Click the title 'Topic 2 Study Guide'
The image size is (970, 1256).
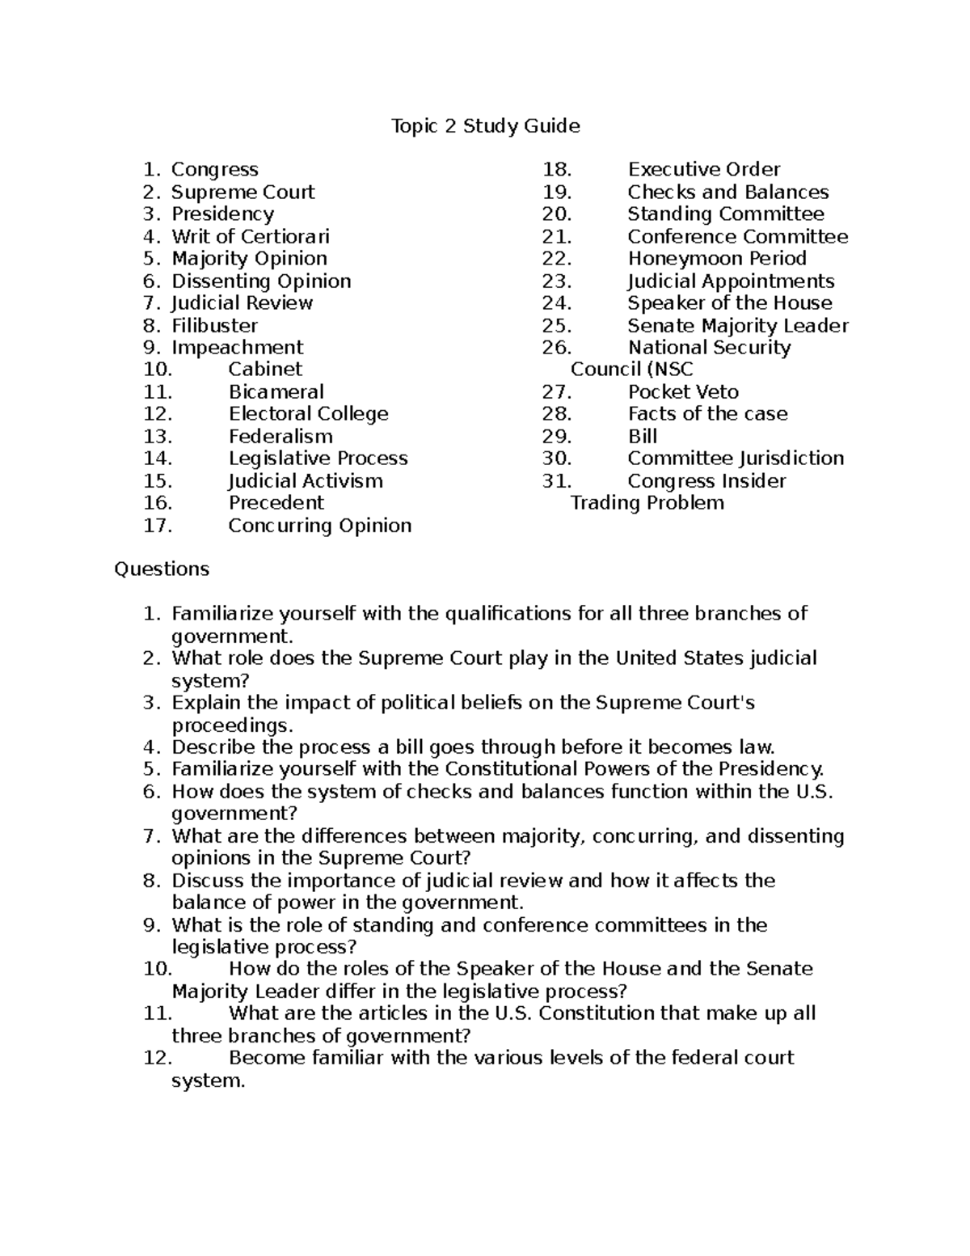coord(485,126)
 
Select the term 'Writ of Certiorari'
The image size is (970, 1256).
coord(250,237)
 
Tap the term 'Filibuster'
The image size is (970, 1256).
coord(214,326)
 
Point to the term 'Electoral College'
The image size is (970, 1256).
coord(308,414)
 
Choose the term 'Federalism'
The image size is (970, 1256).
coord(280,437)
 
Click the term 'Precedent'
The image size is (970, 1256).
coord(276,503)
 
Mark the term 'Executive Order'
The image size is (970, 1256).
coord(703,170)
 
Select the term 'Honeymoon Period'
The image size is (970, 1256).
coord(716,259)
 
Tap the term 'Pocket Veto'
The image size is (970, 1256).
coord(683,392)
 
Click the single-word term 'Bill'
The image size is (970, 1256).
coord(642,437)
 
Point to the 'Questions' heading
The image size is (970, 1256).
coord(162,569)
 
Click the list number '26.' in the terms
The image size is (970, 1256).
coord(557,348)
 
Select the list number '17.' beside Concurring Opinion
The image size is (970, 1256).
coord(158,526)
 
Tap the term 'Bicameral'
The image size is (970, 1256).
coord(276,392)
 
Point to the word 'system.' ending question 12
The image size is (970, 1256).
coord(208,1080)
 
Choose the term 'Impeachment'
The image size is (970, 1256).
coord(237,348)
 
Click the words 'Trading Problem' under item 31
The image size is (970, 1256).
coord(647,503)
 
